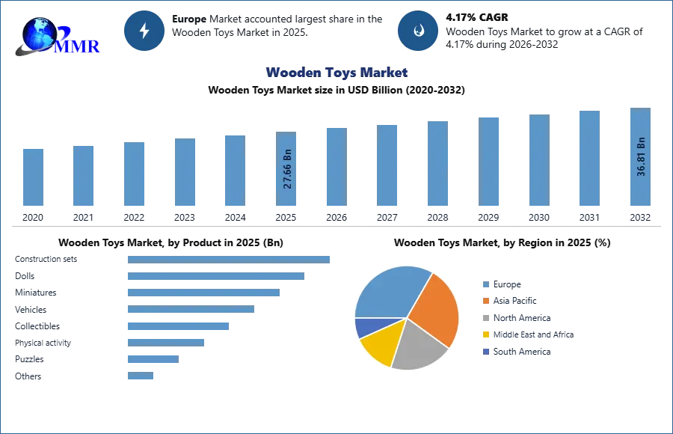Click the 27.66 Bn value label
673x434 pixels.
[x=288, y=171]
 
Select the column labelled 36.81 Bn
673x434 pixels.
[x=640, y=158]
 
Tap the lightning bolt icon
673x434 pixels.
[x=144, y=31]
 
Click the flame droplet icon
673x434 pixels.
[x=418, y=31]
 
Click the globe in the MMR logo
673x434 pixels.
[x=39, y=34]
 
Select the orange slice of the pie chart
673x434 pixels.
[x=434, y=307]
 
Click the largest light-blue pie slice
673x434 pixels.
[x=389, y=292]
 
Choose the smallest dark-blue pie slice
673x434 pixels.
[x=364, y=327]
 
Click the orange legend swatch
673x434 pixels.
[x=485, y=301]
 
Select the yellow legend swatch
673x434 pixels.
[x=485, y=335]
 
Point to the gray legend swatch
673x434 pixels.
[x=485, y=318]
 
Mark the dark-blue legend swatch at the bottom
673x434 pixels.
[x=485, y=352]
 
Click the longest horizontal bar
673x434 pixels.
[x=230, y=258]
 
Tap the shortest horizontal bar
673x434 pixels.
[x=141, y=377]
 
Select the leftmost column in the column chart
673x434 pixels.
[x=32, y=177]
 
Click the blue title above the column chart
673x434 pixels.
[x=337, y=73]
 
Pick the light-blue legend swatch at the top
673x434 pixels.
[x=485, y=284]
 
